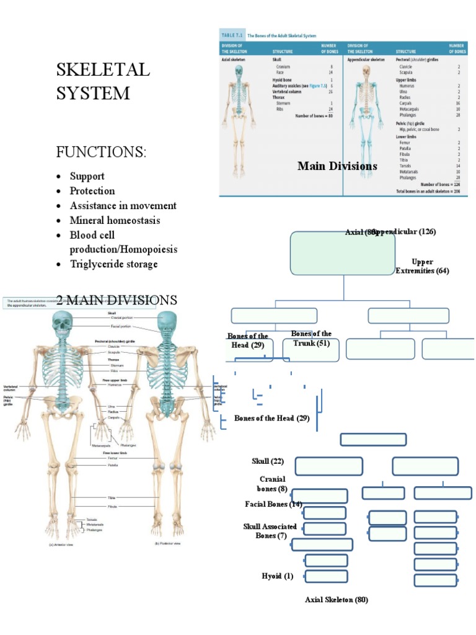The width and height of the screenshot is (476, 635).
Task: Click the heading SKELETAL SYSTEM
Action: [103, 81]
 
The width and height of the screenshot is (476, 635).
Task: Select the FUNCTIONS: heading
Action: [102, 152]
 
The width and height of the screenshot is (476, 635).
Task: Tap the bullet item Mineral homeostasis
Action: [115, 220]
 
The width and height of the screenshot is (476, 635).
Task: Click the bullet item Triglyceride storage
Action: [113, 264]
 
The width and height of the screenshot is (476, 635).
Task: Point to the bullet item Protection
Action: [92, 190]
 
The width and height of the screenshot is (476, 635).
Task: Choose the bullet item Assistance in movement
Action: [123, 205]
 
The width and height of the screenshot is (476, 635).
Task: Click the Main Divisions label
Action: [337, 166]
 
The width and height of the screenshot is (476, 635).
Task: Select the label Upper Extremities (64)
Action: [422, 266]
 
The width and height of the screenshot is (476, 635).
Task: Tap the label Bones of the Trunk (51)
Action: [311, 338]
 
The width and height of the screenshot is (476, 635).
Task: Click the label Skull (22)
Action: [268, 461]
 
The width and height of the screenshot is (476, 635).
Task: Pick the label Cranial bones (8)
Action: [272, 484]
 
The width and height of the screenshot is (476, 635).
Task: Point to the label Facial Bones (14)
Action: [273, 504]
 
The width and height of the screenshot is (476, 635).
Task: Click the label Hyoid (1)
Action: [278, 576]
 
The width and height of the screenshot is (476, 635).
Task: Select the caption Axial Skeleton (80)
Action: [337, 600]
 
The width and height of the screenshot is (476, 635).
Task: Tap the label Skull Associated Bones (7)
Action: [270, 531]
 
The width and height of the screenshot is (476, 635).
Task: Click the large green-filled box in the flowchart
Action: [342, 254]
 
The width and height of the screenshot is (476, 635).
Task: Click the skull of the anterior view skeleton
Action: [61, 324]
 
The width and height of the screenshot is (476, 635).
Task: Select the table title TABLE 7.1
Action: [234, 36]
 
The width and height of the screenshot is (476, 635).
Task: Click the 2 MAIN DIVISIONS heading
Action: [117, 300]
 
